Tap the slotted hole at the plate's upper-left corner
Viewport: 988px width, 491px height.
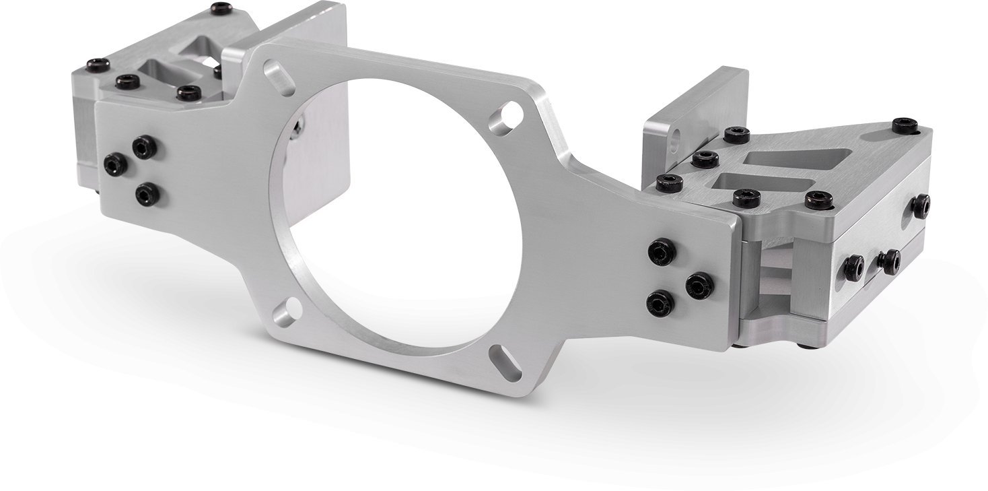[279, 77]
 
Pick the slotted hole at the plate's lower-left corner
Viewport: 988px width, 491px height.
[288, 312]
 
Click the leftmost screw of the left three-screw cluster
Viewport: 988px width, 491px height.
[115, 163]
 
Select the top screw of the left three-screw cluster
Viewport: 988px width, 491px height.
[144, 146]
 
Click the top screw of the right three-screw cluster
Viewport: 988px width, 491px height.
[662, 251]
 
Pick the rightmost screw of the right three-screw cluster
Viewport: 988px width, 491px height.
[699, 286]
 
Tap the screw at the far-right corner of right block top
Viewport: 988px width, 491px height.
[905, 126]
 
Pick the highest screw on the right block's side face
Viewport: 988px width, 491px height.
[921, 205]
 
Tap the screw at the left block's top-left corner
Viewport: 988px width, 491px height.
[98, 65]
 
